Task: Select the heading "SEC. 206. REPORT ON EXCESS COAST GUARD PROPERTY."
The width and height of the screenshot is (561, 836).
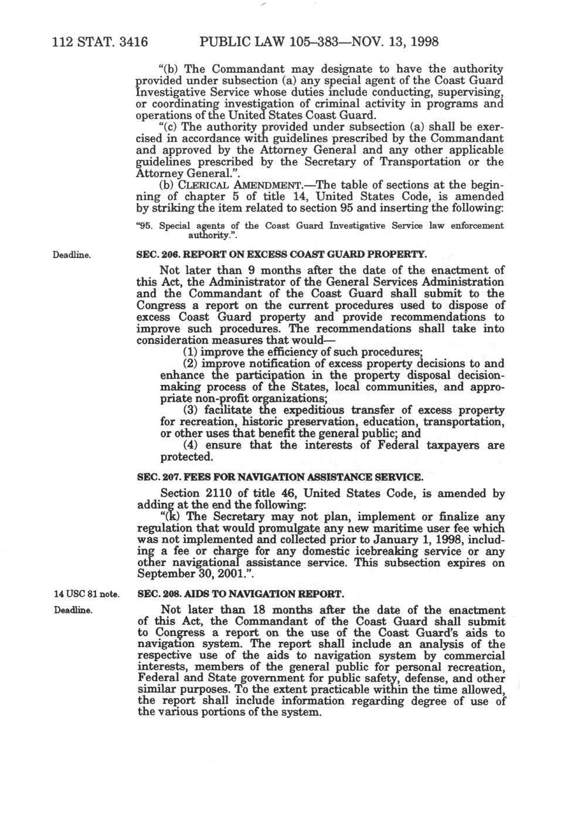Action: [x=280, y=255]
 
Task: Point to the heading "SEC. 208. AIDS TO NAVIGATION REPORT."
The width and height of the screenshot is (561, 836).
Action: [x=240, y=594]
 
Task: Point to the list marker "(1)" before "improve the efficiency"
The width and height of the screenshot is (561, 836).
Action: [x=189, y=352]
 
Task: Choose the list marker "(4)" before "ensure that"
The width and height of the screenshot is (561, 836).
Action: [x=189, y=445]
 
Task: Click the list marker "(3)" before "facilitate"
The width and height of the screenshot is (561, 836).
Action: [x=189, y=410]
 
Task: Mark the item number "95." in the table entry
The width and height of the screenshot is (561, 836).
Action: [x=144, y=226]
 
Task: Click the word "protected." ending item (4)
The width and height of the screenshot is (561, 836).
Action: [x=186, y=457]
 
